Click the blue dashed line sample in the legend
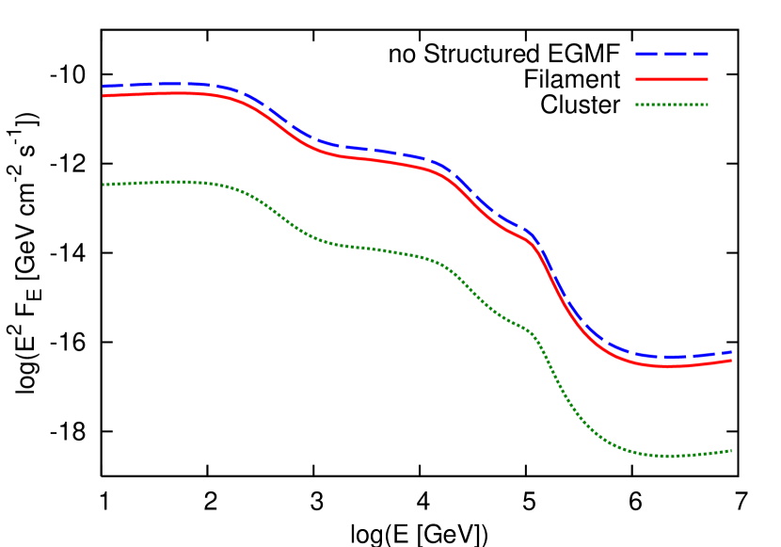672,55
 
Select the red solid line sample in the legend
672,80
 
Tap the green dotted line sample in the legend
672,105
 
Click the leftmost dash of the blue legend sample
646,55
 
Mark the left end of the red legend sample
637,80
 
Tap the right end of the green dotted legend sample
708,105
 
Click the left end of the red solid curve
104,96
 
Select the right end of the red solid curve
731,361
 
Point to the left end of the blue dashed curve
104,87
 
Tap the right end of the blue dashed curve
731,351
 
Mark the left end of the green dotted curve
104,185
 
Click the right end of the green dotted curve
731,450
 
